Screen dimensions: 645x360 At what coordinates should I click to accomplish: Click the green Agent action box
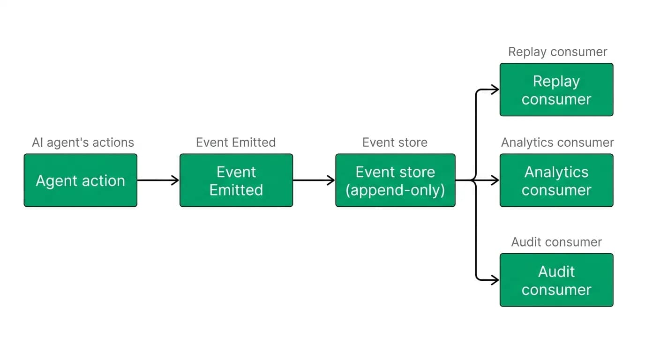[81, 180]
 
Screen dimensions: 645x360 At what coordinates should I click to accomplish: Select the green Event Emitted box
[236, 180]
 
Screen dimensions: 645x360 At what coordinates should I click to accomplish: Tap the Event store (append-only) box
[395, 180]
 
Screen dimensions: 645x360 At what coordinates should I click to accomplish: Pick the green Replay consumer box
[556, 90]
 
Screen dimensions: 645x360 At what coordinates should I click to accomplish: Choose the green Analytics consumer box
[556, 180]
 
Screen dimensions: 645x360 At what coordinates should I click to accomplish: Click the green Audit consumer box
[556, 280]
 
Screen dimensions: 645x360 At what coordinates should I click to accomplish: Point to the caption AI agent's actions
[83, 142]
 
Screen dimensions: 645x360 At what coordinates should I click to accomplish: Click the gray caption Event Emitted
[236, 142]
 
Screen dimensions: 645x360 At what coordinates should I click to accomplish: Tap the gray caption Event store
[395, 142]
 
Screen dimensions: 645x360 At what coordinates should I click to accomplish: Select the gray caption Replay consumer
[557, 52]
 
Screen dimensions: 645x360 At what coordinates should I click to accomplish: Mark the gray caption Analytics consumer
[557, 142]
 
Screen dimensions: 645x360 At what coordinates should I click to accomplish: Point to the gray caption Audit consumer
[556, 242]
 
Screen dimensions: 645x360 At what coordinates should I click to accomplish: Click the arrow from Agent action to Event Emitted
[158, 180]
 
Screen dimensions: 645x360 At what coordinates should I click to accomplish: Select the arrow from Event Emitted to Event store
[314, 180]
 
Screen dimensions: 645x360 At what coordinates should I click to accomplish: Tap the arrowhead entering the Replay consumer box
[495, 90]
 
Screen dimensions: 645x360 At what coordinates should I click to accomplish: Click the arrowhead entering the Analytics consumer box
[495, 180]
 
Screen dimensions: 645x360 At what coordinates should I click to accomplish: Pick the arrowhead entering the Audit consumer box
[495, 280]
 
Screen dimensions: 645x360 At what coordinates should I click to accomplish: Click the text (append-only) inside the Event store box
[395, 190]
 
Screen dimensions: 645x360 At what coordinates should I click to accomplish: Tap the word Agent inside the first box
[57, 181]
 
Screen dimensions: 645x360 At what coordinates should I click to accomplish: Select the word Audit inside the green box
[556, 271]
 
